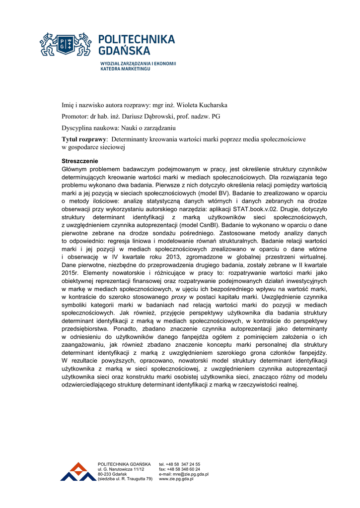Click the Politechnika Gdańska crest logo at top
(66, 44)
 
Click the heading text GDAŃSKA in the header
(123, 50)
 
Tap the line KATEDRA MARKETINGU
(125, 69)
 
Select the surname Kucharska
(209, 105)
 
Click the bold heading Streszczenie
(79, 161)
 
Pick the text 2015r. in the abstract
(71, 272)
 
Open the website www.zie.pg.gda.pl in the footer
(176, 479)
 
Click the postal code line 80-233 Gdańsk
(113, 474)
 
